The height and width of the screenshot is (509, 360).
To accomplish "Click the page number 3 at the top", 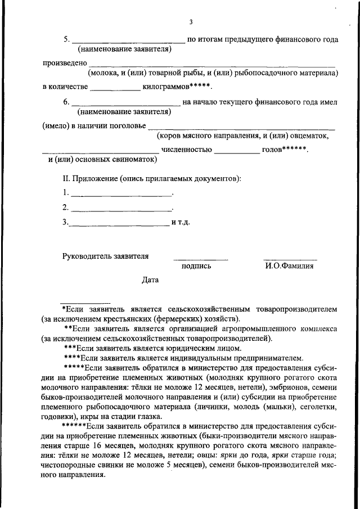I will (x=191, y=22).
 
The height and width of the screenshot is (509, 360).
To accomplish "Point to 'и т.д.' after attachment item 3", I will (x=181, y=222).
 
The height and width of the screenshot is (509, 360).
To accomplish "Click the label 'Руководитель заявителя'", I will (x=105, y=256).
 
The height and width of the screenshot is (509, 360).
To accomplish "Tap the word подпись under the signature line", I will (x=196, y=266).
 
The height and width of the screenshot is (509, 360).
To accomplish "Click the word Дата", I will (x=150, y=280).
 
